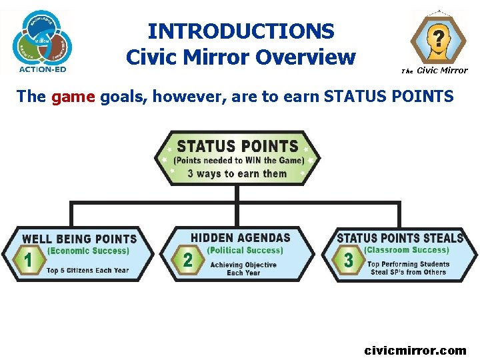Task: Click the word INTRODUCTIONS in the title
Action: [x=241, y=31]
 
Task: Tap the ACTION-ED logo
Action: [x=43, y=40]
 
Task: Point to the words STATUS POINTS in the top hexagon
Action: [x=237, y=147]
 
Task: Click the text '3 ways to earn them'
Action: [x=237, y=174]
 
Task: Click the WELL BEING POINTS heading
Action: [x=79, y=239]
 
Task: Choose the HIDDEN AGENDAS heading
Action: [x=241, y=237]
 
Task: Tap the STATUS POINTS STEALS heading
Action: [x=400, y=238]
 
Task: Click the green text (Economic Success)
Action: [x=88, y=251]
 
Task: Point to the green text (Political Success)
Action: [x=245, y=251]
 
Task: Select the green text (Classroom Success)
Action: [x=407, y=250]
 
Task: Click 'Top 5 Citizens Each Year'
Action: [x=87, y=270]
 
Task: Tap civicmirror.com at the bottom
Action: [x=415, y=350]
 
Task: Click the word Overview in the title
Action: [x=311, y=57]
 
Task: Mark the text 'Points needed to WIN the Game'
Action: [x=238, y=161]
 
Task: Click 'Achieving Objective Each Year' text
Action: [x=243, y=269]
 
